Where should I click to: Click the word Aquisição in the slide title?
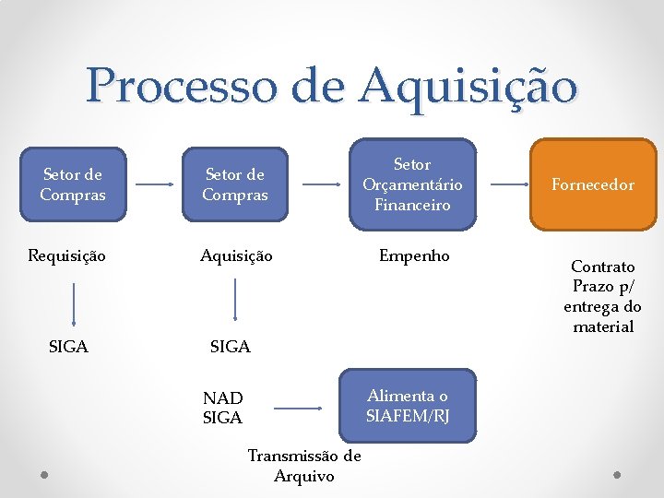point(468,88)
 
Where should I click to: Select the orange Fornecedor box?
point(593,184)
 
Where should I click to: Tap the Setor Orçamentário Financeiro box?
point(412,184)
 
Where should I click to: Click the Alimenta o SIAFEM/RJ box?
point(408,406)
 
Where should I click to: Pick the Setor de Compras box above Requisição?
point(73,184)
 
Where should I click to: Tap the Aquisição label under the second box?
point(236,255)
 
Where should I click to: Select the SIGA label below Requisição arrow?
point(68,347)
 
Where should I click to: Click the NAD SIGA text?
point(222,408)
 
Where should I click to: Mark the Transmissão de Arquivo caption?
point(304,466)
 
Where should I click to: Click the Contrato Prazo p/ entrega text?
point(603,296)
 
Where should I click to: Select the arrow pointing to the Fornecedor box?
point(509,184)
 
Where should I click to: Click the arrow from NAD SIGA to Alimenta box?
point(304,407)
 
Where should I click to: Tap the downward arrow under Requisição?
point(74,304)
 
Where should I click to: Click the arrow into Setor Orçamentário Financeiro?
point(321,184)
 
